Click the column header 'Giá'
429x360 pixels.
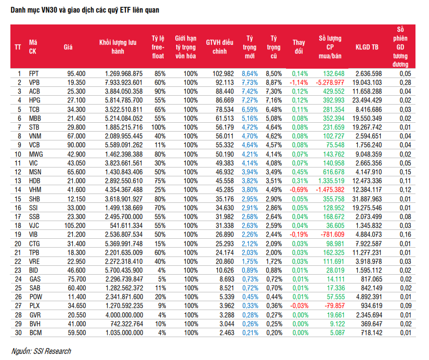coord(68,47)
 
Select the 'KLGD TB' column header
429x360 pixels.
coord(367,47)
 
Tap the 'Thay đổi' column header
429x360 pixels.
coord(299,47)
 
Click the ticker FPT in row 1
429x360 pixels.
coord(34,74)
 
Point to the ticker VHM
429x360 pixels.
coord(35,190)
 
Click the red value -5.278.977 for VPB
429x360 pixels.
coord(330,82)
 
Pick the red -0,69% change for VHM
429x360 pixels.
coord(299,190)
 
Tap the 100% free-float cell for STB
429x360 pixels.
coord(159,127)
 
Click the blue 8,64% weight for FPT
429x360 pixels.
coord(250,74)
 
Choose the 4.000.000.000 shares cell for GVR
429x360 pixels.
coord(124,315)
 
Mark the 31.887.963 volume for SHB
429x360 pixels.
coord(367,199)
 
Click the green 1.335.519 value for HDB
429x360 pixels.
coord(331,181)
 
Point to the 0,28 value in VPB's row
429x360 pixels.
coord(405,82)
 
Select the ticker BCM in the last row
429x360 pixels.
coord(35,333)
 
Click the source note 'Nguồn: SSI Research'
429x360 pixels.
coord(41,351)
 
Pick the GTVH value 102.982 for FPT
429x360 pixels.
coord(223,74)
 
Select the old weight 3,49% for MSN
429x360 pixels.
coord(274,172)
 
